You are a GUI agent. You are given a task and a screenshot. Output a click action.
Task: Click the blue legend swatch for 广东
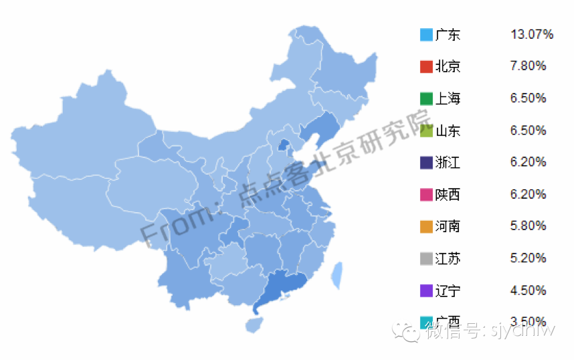(426, 35)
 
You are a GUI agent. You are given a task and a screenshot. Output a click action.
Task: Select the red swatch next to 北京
(426, 67)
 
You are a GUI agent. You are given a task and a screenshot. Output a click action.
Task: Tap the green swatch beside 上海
(426, 99)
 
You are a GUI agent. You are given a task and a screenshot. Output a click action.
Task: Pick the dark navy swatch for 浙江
(426, 163)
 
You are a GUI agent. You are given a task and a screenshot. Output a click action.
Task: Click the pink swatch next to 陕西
(426, 195)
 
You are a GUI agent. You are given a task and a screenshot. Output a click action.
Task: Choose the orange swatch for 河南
(426, 227)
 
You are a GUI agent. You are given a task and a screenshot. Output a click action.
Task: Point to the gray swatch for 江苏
(426, 259)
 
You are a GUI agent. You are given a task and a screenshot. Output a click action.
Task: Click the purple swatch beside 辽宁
(426, 291)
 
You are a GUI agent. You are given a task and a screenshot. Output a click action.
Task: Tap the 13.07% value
(531, 34)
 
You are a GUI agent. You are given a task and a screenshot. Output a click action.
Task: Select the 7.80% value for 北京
(528, 66)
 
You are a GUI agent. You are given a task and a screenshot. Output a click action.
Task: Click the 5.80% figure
(528, 226)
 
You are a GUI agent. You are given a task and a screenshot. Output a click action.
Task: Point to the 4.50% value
(528, 290)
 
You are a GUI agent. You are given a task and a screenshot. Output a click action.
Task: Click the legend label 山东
(448, 131)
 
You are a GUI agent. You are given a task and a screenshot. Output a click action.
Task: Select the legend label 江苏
(448, 259)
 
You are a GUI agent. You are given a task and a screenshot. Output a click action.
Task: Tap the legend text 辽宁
(448, 291)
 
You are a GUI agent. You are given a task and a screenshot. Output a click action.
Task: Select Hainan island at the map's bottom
(253, 325)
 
